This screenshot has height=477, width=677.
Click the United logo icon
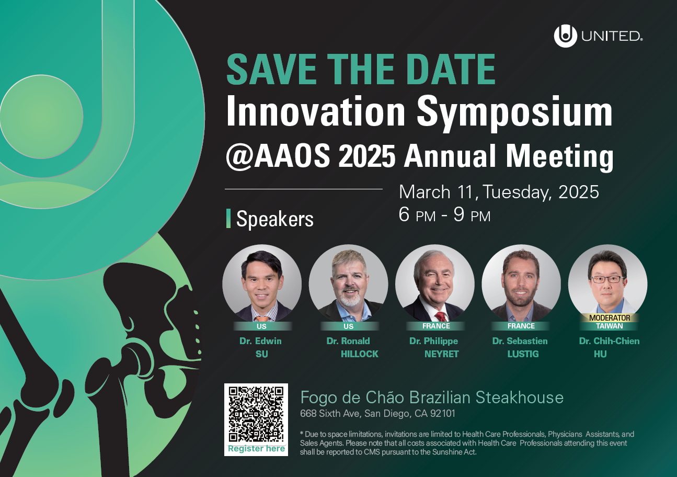[x=565, y=36]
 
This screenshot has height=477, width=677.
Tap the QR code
[x=256, y=414]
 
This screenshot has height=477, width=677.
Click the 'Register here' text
[x=256, y=449]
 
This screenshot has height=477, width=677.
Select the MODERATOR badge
[x=610, y=317]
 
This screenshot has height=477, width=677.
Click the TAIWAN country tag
[x=610, y=326]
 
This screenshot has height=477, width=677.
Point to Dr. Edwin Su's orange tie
[x=262, y=319]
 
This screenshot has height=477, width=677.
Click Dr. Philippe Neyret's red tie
[x=441, y=316]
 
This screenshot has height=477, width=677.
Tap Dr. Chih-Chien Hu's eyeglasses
[x=608, y=279]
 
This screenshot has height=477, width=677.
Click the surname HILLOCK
[x=359, y=354]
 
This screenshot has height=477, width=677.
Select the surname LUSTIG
[x=523, y=354]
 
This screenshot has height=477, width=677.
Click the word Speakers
[x=275, y=219]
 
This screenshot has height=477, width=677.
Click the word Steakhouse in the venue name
[x=520, y=397]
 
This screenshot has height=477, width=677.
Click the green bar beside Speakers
[x=228, y=218]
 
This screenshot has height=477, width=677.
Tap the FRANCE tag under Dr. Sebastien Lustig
[x=521, y=326]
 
